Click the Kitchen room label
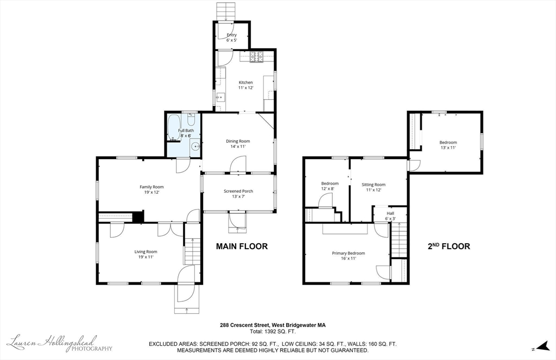click(246, 83)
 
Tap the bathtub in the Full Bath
click(174, 127)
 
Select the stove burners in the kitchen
click(257, 57)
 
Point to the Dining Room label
click(238, 141)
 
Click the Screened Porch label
click(238, 191)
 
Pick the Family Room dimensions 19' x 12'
click(151, 192)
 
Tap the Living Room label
click(146, 252)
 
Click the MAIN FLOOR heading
click(242, 246)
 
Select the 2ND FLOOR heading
click(448, 246)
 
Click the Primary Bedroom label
click(348, 253)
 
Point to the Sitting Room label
click(374, 185)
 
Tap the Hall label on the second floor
click(390, 213)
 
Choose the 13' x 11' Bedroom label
click(448, 145)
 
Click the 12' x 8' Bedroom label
click(330, 186)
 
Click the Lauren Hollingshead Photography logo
click(60, 343)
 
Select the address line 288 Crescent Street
click(273, 325)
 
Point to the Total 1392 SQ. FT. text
click(273, 332)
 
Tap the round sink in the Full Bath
click(195, 146)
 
